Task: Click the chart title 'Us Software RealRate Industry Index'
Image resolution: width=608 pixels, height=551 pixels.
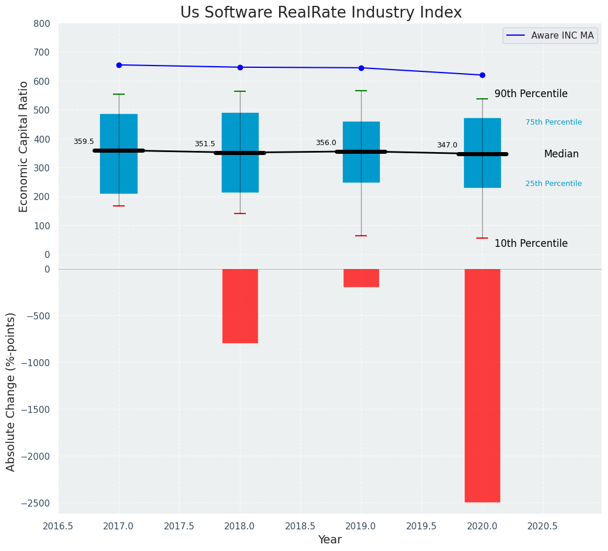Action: [x=321, y=13]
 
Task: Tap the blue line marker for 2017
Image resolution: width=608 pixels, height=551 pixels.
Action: [x=119, y=65]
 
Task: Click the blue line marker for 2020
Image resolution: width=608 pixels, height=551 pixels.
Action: [x=482, y=75]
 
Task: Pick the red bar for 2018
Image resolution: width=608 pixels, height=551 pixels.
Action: [x=240, y=306]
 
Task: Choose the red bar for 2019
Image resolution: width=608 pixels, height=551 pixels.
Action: [x=361, y=278]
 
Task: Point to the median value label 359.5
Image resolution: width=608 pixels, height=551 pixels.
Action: [x=84, y=142]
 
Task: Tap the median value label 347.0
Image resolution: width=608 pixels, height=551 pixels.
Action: [x=447, y=145]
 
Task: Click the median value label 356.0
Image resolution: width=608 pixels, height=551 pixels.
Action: [x=326, y=143]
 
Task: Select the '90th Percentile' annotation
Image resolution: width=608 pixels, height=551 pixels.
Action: [x=531, y=94]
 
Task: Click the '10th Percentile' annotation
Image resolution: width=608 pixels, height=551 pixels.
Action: [x=531, y=244]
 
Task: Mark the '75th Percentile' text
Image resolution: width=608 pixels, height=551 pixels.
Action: [x=554, y=122]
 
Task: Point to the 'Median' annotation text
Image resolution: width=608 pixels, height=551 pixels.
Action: [x=561, y=154]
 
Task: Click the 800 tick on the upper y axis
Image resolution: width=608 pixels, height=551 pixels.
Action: [x=46, y=24]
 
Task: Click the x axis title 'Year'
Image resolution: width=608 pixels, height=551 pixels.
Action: [x=329, y=540]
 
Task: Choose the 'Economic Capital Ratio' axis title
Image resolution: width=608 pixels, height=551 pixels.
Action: [x=24, y=146]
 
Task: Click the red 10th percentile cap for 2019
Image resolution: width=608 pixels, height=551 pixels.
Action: [x=361, y=236]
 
